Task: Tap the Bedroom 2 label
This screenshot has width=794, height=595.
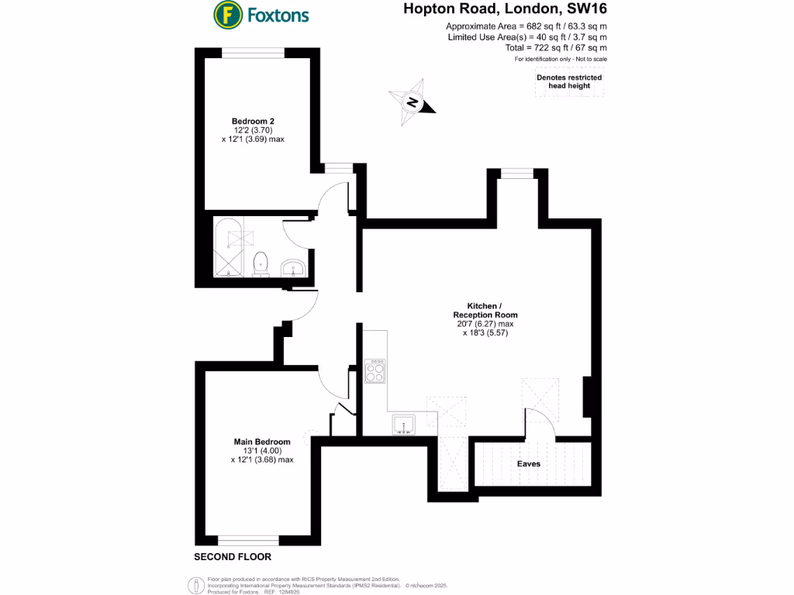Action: point(253,121)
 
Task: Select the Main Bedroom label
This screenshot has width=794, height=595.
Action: point(262,442)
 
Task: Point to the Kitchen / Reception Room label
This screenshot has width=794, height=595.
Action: point(485,310)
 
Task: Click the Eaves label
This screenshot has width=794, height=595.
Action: point(529,464)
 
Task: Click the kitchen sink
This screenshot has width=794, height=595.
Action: point(406,424)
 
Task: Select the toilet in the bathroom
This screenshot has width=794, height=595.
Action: point(261,262)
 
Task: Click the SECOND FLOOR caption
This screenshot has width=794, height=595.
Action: point(233,557)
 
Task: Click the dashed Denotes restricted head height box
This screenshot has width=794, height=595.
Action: point(569,81)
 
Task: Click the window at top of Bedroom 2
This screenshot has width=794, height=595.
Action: point(253,52)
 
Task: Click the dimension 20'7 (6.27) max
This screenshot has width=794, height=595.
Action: point(485,324)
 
